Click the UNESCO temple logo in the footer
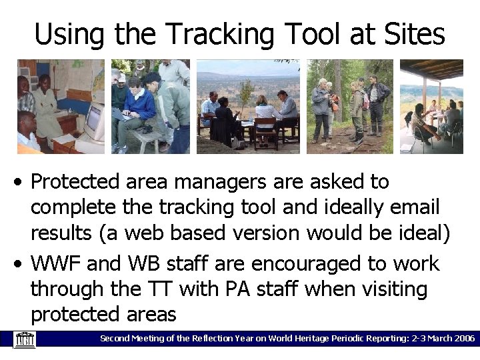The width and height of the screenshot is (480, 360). point(25,339)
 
